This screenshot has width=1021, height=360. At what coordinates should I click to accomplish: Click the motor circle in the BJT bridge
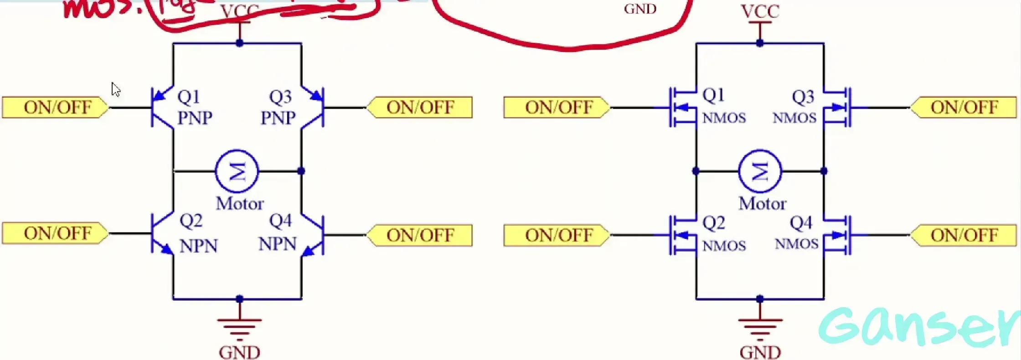(237, 171)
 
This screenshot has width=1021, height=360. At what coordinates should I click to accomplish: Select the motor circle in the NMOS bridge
(760, 171)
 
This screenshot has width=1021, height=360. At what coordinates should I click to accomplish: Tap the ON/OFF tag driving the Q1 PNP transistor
(56, 108)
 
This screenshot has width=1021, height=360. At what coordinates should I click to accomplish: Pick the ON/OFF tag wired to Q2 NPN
(56, 233)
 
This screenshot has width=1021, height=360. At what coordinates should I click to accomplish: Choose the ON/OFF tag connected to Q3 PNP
(419, 108)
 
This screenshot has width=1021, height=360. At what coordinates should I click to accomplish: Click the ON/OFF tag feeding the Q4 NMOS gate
(964, 235)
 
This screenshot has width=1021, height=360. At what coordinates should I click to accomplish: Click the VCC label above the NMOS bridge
(760, 11)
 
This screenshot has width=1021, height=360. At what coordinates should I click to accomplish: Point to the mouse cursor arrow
(116, 89)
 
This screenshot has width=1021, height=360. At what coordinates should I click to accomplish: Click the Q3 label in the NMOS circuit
(803, 97)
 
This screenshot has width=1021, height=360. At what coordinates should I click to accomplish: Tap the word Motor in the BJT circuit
(240, 203)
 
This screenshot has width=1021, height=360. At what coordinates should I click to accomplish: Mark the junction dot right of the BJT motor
(301, 171)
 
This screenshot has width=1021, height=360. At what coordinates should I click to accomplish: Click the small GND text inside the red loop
(640, 9)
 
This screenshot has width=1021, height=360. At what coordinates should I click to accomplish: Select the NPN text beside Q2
(199, 246)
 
